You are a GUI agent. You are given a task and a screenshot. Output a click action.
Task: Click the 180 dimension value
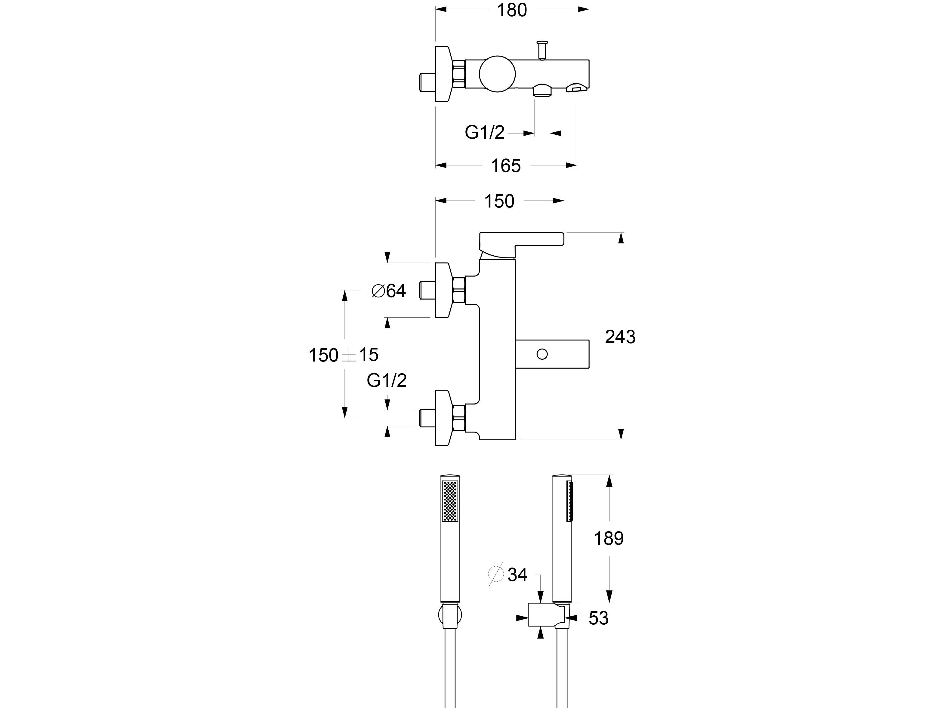[512, 10]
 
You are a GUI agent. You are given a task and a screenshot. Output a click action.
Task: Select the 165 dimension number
[506, 166]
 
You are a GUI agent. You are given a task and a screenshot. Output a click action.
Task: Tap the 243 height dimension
[620, 337]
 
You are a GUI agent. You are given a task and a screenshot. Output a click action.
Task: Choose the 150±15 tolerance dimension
[344, 355]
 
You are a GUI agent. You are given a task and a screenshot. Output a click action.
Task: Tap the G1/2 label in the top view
[484, 132]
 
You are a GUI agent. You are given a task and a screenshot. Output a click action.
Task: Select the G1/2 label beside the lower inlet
[387, 380]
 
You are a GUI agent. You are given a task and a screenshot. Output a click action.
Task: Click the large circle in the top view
[497, 74]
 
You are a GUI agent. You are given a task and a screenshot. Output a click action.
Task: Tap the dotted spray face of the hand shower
[450, 501]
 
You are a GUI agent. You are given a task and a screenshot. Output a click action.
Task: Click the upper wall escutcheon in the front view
[443, 290]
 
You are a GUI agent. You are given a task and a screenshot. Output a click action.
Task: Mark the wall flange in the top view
[443, 74]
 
